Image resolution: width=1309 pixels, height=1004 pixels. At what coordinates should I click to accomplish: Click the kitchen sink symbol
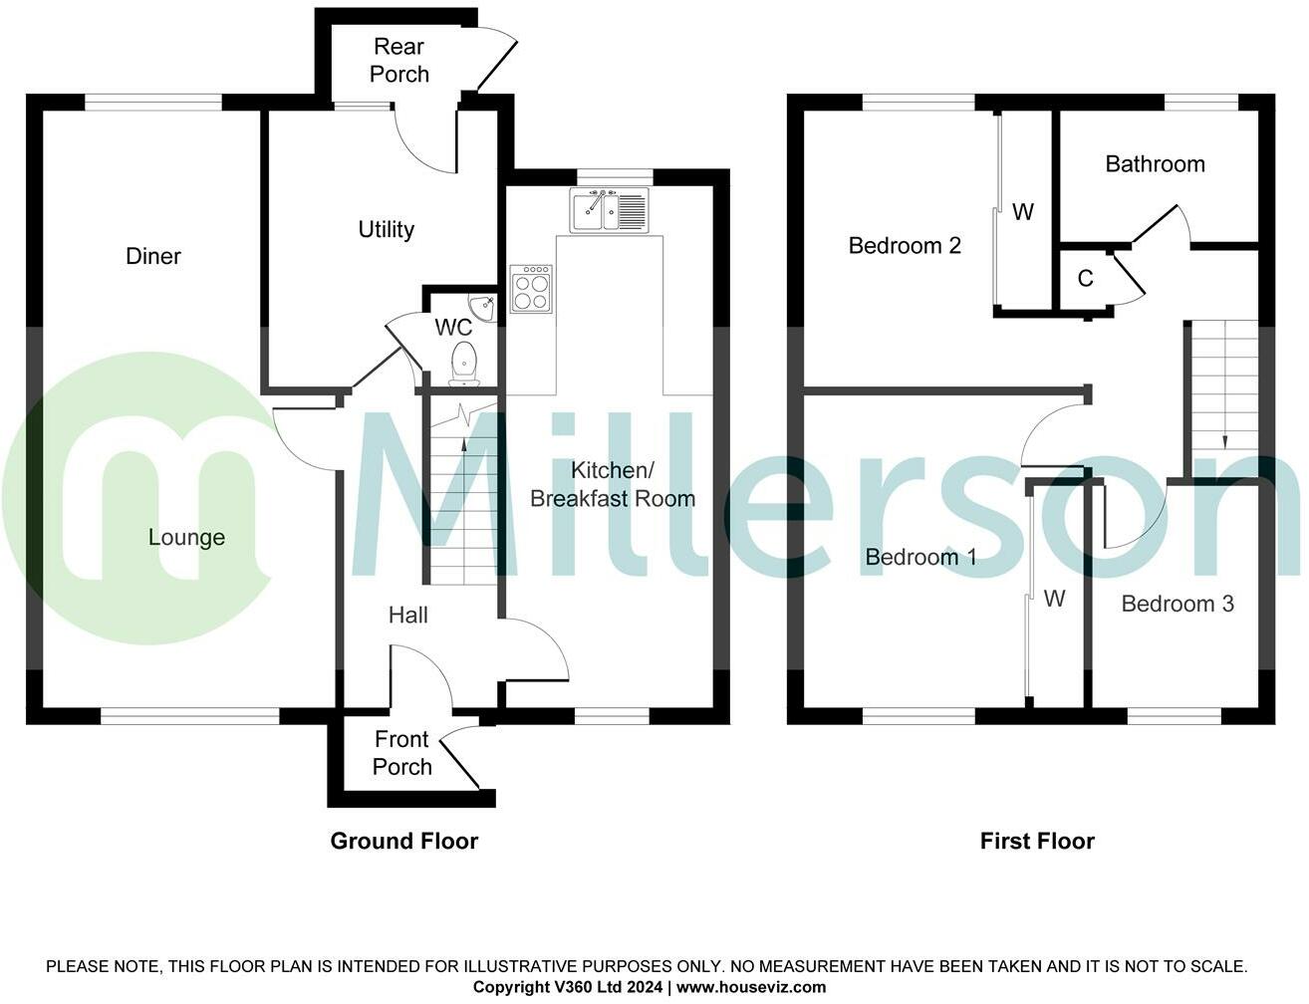click(x=609, y=209)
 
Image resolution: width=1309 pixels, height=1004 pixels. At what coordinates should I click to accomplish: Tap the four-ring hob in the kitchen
click(x=531, y=289)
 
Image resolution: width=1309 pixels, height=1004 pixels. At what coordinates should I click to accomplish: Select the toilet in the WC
click(x=464, y=363)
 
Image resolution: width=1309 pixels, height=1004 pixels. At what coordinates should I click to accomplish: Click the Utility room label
click(x=387, y=230)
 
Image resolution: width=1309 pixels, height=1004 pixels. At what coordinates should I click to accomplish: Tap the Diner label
click(x=153, y=257)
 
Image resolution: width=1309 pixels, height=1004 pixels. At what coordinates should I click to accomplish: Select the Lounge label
click(x=186, y=538)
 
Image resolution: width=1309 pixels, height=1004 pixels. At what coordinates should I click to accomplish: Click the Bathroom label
click(x=1155, y=164)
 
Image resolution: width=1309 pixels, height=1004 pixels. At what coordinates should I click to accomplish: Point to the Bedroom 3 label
click(x=1178, y=604)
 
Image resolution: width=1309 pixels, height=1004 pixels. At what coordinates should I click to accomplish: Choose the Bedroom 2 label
click(x=905, y=246)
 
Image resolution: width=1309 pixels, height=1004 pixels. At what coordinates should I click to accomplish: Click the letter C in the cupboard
click(x=1085, y=279)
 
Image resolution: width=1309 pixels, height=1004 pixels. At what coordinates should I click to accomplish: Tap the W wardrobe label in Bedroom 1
click(x=1055, y=599)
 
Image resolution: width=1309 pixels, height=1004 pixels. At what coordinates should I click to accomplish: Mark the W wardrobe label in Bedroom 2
click(x=1023, y=212)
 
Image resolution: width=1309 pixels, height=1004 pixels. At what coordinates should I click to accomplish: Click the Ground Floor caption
click(x=404, y=842)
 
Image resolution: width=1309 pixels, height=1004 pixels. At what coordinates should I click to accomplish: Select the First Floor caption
click(x=1037, y=842)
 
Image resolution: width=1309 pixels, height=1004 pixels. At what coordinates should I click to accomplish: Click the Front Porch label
click(x=401, y=753)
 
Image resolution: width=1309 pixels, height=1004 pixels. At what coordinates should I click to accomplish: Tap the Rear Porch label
click(x=398, y=61)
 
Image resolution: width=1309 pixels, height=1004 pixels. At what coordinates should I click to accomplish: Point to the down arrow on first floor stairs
click(x=1224, y=441)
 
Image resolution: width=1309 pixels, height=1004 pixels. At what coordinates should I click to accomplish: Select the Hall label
click(x=408, y=616)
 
